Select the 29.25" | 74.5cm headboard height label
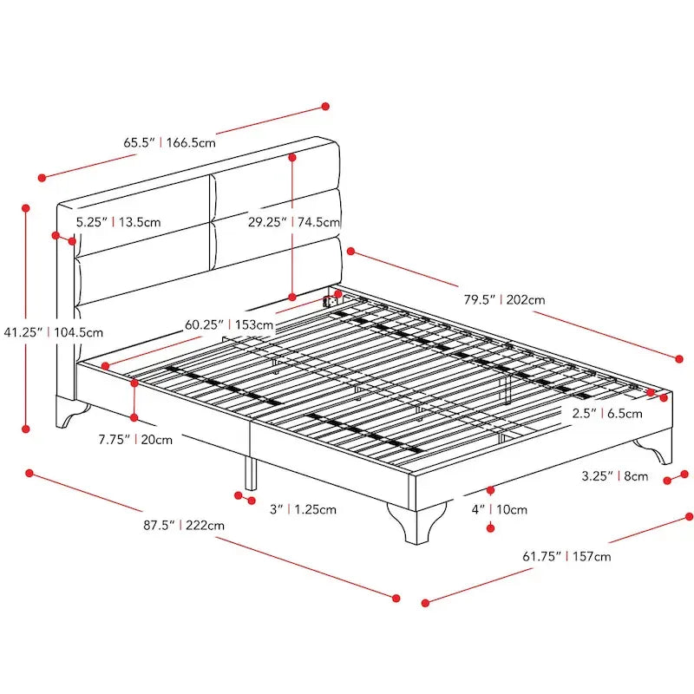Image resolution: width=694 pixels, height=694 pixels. pyautogui.click(x=293, y=222)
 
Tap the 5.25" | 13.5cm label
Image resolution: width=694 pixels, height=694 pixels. pyautogui.click(x=118, y=222)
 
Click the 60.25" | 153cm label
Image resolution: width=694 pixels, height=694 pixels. pyautogui.click(x=229, y=326)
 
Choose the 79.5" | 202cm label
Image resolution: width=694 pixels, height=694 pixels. pyautogui.click(x=503, y=300)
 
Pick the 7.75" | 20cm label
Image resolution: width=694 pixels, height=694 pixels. pyautogui.click(x=134, y=440)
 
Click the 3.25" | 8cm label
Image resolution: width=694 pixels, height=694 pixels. pyautogui.click(x=614, y=476)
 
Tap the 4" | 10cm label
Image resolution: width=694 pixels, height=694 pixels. pyautogui.click(x=499, y=510)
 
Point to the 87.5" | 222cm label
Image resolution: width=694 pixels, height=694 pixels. pyautogui.click(x=185, y=526)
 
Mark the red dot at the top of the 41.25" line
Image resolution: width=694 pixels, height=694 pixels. pyautogui.click(x=27, y=208)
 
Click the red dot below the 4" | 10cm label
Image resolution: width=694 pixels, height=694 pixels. pyautogui.click(x=491, y=527)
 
